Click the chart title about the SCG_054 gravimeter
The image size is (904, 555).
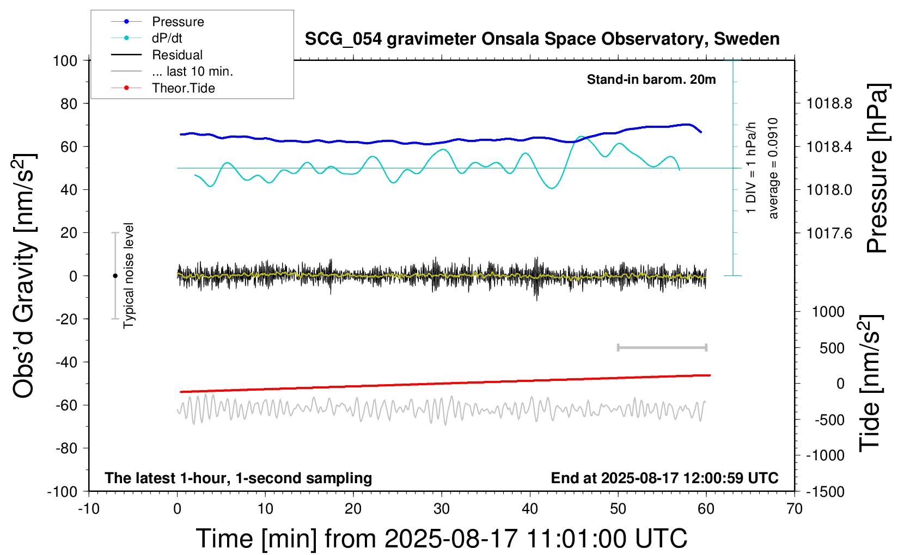[x=542, y=39]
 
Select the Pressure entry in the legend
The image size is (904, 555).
[x=178, y=22]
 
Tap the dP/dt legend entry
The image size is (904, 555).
[x=167, y=38]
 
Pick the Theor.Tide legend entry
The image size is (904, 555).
[x=183, y=88]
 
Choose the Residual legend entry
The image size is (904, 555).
[x=177, y=55]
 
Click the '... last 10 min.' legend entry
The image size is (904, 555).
[x=192, y=71]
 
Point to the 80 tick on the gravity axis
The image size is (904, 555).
[x=69, y=103]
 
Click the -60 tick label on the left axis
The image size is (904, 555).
[x=66, y=405]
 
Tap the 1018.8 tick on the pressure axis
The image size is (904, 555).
[x=829, y=103]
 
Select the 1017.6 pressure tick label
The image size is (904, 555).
[x=829, y=233]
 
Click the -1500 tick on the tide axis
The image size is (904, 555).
[x=825, y=492]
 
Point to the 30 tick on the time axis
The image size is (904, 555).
[x=442, y=509]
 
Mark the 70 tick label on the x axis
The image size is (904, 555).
[x=795, y=509]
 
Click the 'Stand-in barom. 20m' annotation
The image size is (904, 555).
[x=651, y=79]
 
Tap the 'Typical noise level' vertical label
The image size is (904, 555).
[x=129, y=275]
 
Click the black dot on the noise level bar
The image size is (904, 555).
[x=115, y=276]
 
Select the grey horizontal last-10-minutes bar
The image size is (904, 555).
[x=662, y=347]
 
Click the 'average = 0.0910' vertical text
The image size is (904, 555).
[x=773, y=168]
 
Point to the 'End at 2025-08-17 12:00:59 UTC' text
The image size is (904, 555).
[x=664, y=478]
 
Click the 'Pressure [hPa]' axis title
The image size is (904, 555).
[x=878, y=168]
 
